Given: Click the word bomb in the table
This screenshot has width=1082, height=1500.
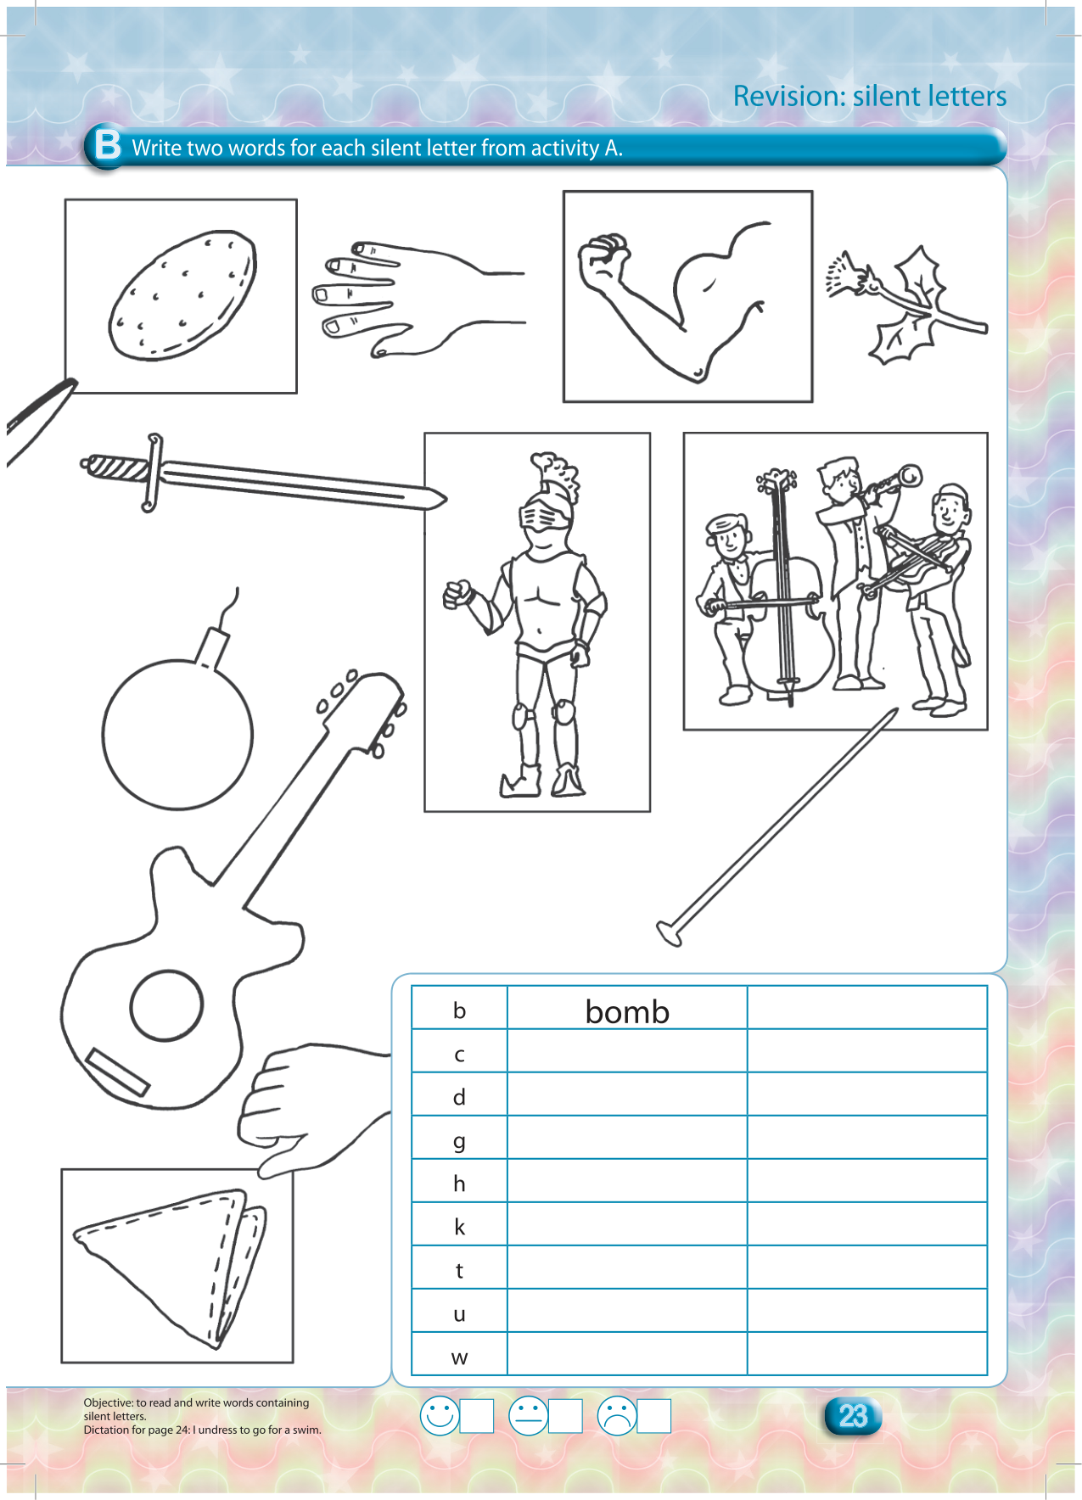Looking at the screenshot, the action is tap(627, 1011).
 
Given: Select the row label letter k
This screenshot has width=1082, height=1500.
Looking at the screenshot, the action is tap(459, 1226).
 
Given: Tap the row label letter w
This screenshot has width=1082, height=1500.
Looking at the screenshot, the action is tap(459, 1357).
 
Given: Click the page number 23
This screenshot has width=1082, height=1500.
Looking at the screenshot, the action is tap(853, 1415).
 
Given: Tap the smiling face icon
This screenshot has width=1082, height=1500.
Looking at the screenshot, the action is tap(440, 1415).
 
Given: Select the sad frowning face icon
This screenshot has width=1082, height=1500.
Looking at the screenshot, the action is tap(617, 1415).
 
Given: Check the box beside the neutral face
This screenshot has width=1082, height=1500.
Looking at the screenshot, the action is tap(565, 1415).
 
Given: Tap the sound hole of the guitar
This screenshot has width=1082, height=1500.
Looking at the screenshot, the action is tap(166, 1006).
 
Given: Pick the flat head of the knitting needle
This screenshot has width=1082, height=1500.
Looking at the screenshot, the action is tap(669, 933).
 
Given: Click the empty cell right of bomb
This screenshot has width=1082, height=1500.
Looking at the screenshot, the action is tap(867, 1008).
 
